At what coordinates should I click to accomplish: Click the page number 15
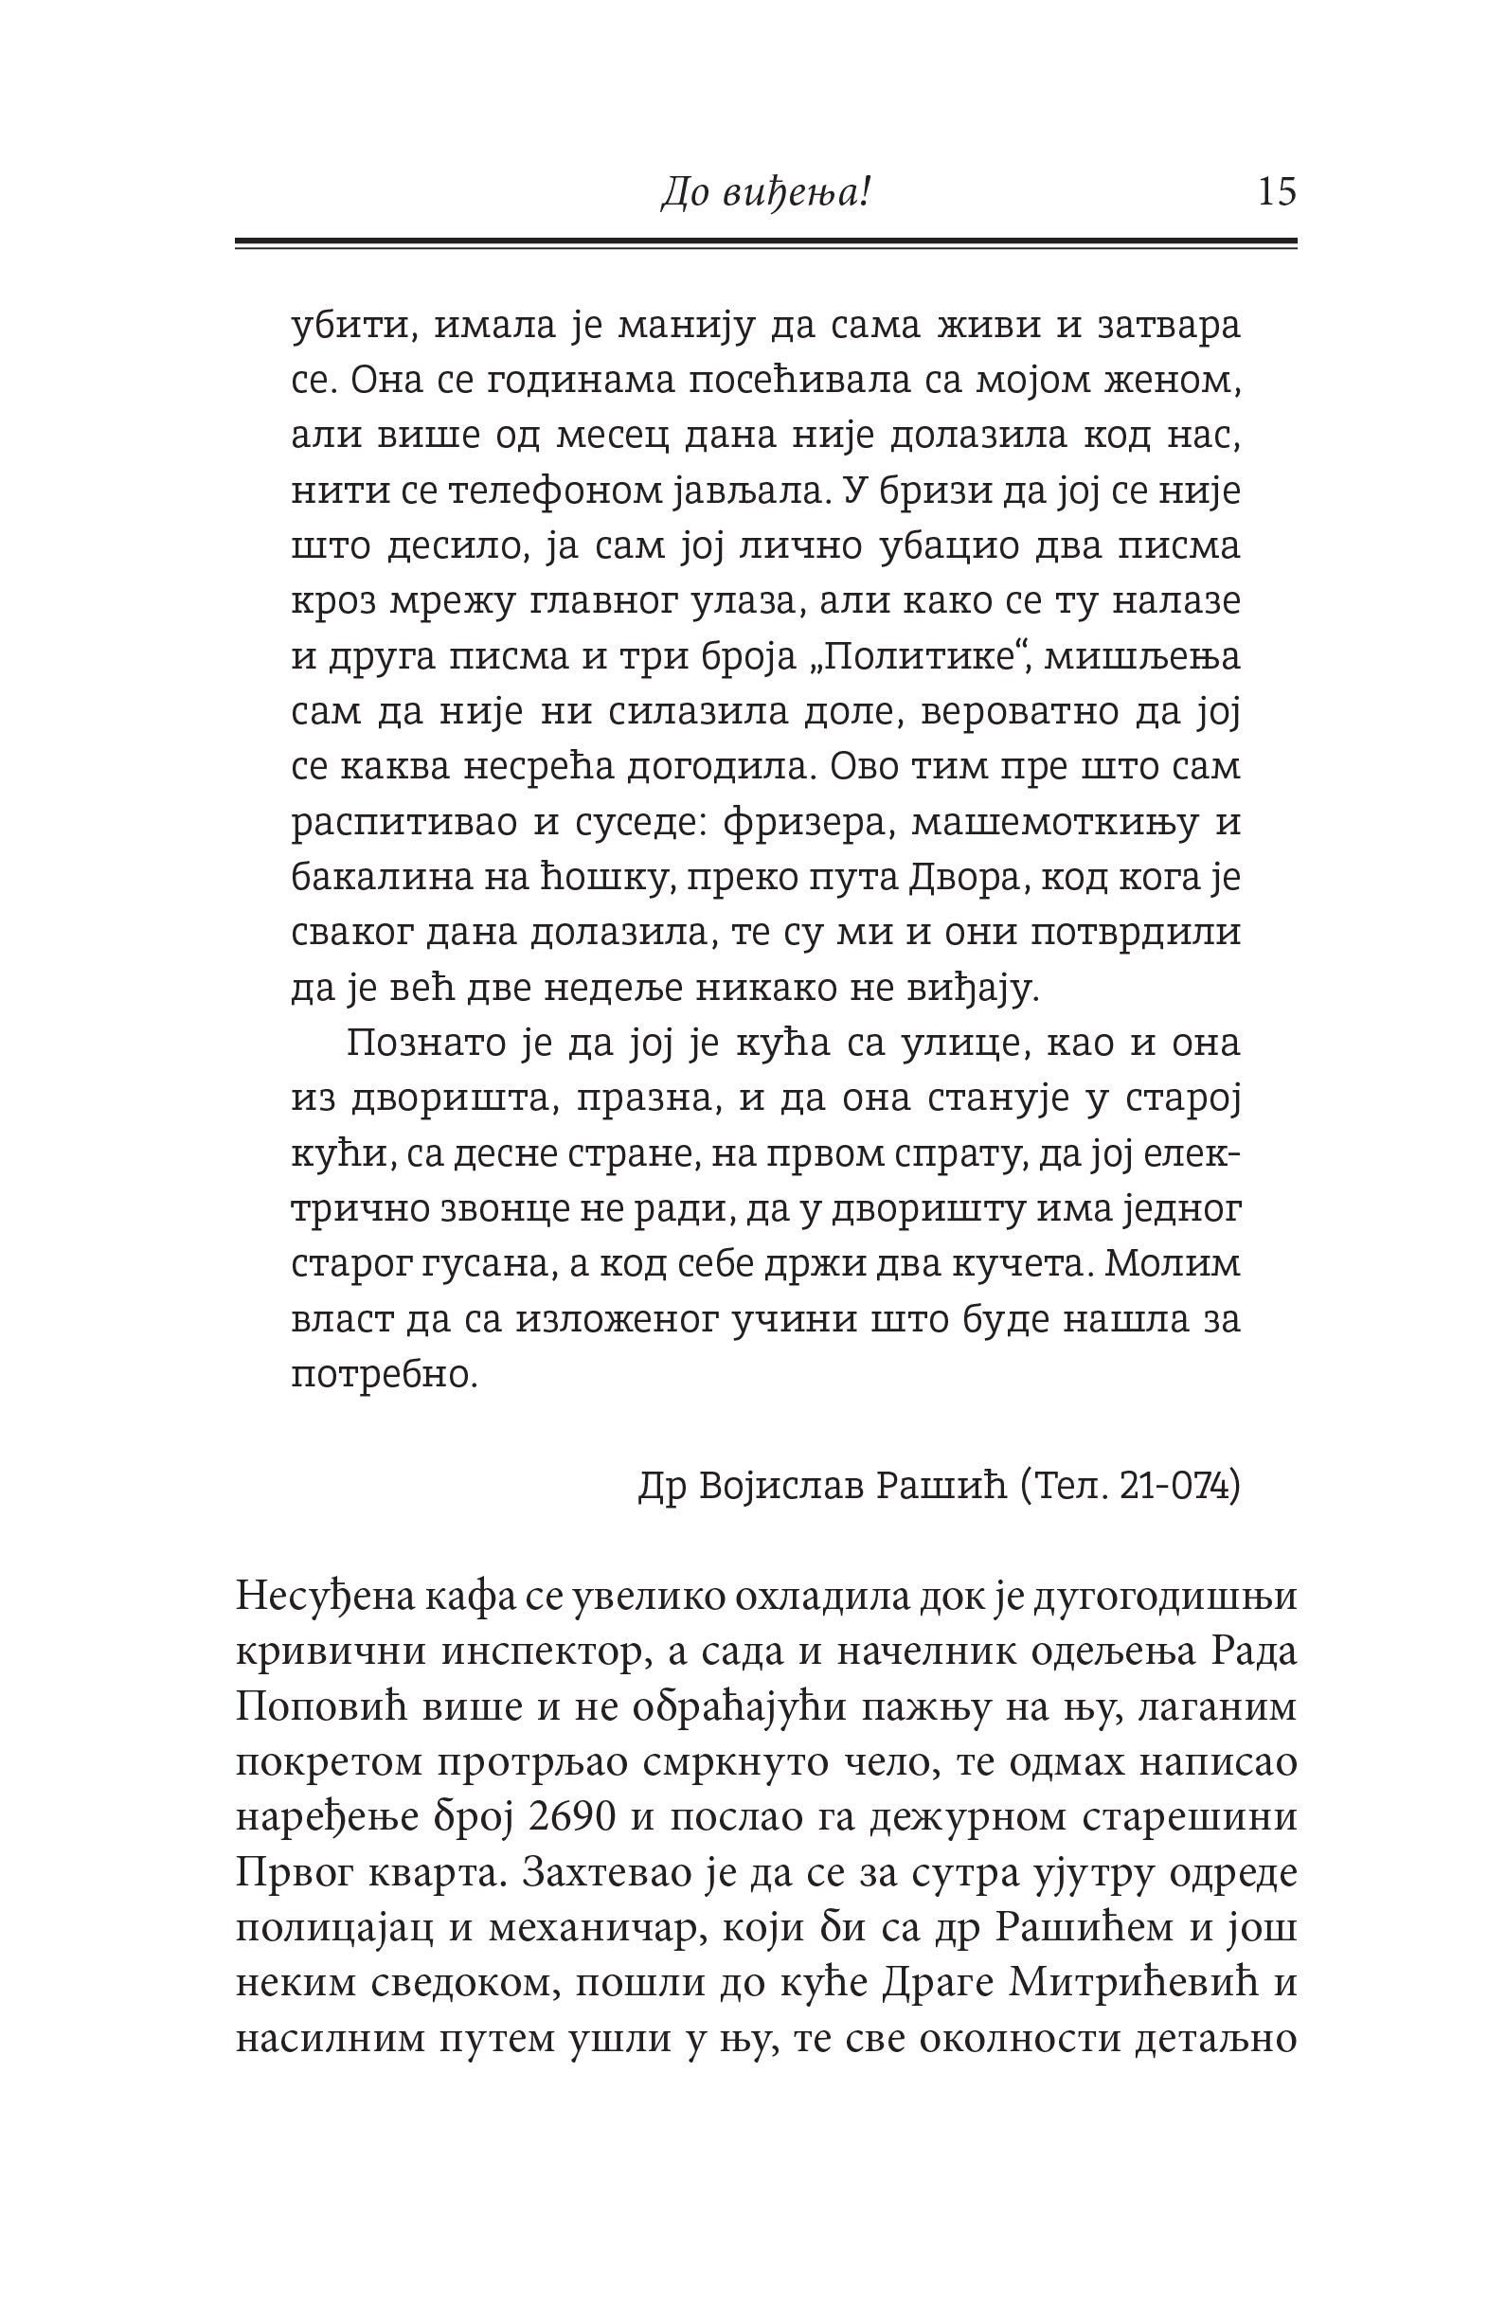[x=1276, y=193]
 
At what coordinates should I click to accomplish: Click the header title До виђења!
[x=765, y=194]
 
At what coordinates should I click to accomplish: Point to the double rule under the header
[x=765, y=244]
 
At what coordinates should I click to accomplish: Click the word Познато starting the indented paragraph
[x=416, y=1045]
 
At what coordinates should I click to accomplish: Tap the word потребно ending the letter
[x=385, y=1375]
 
